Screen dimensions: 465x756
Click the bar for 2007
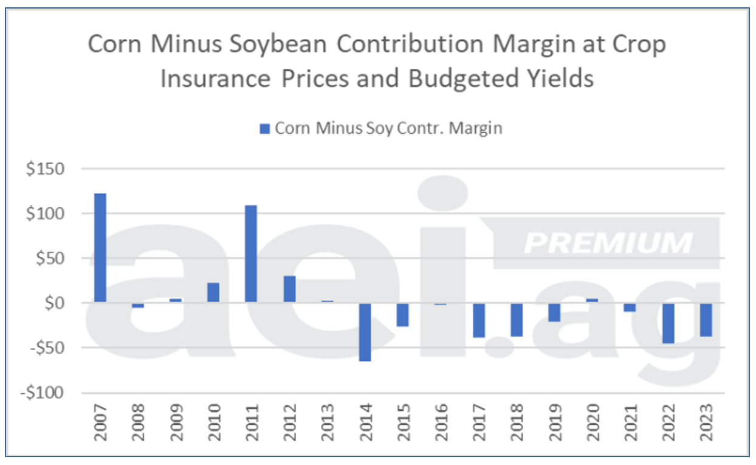(x=100, y=248)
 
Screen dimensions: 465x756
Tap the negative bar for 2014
(x=365, y=332)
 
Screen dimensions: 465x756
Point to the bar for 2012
(x=289, y=289)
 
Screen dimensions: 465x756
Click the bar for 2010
(x=213, y=292)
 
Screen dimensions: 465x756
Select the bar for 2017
(x=479, y=320)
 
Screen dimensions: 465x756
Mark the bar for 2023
(x=706, y=320)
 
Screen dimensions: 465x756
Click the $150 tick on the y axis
(x=44, y=169)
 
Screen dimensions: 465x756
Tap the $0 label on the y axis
(x=53, y=303)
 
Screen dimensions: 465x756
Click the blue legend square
(x=264, y=128)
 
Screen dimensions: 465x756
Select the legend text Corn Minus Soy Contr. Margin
(x=388, y=128)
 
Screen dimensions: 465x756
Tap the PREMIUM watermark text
(x=608, y=243)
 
